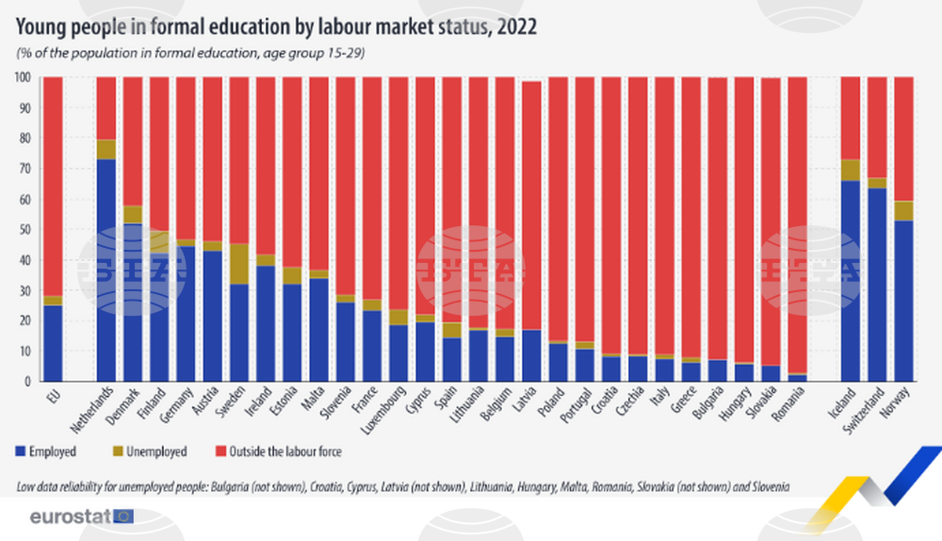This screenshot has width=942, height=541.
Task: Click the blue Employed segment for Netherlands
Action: tap(106, 273)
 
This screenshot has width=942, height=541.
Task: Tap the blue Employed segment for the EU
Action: tap(53, 344)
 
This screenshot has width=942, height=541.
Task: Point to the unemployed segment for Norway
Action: tap(902, 211)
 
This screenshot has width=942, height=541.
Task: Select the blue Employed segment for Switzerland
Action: tap(876, 283)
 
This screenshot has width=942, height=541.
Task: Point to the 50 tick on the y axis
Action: tap(25, 230)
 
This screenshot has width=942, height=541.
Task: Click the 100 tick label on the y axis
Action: tap(24, 77)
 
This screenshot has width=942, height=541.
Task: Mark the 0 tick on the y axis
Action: tap(28, 383)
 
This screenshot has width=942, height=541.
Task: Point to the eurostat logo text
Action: tap(70, 516)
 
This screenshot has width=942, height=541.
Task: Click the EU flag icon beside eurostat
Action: tap(123, 516)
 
